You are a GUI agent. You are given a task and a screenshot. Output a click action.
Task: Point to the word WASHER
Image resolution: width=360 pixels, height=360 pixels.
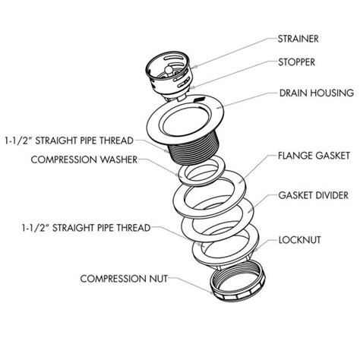pos(133,159)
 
